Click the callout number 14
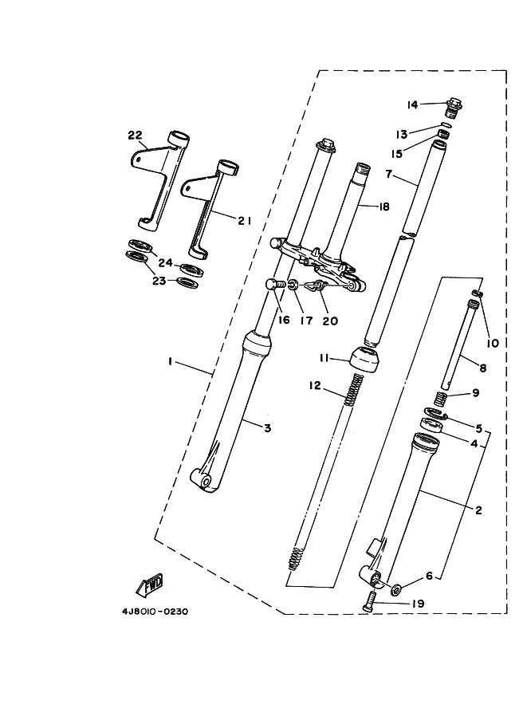[x=413, y=105]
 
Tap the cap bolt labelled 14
[x=454, y=108]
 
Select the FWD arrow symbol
[x=150, y=584]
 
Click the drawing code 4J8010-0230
[x=155, y=612]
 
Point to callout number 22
[x=135, y=135]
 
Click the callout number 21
[x=244, y=221]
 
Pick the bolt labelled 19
[x=368, y=602]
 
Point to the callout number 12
[x=315, y=385]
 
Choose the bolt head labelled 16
[x=272, y=284]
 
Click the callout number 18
[x=384, y=207]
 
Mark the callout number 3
[x=267, y=428]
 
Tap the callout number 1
[x=171, y=360]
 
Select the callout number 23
[x=159, y=281]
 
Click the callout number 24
[x=165, y=263]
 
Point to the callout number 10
[x=492, y=343]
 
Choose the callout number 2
[x=478, y=510]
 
